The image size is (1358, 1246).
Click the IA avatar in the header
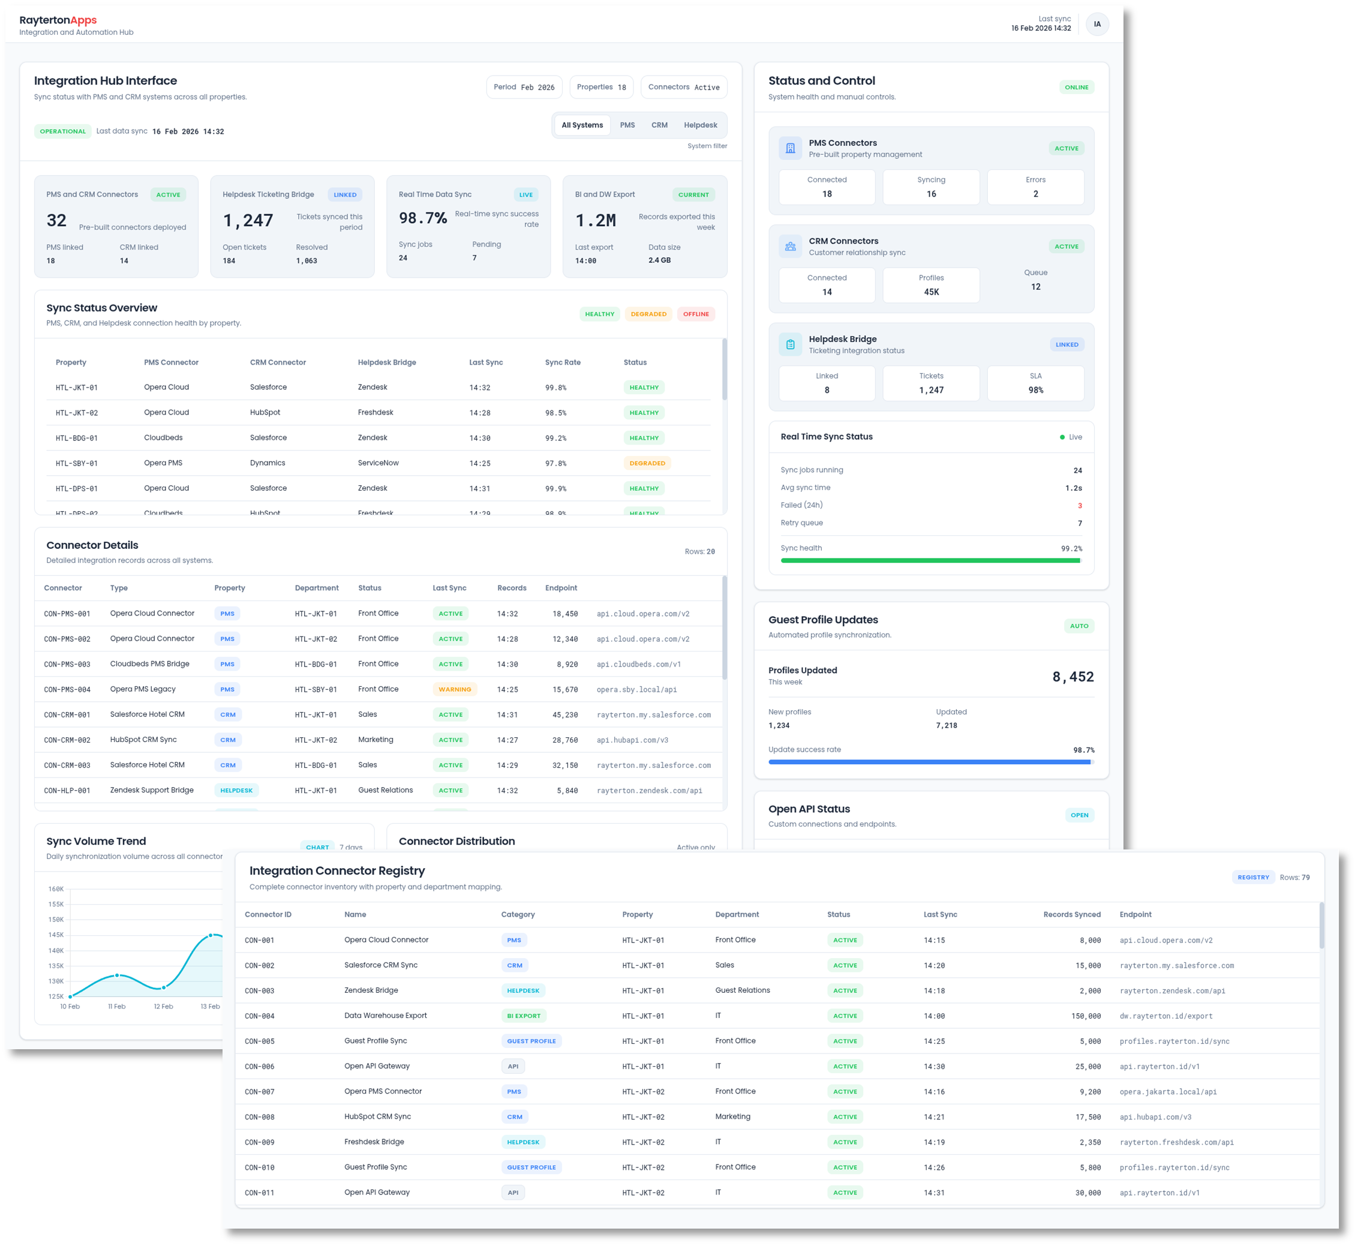(x=1097, y=24)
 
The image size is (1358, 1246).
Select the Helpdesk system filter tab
(x=700, y=125)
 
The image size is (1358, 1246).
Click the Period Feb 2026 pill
(x=524, y=87)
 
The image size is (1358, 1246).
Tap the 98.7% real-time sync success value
(x=422, y=218)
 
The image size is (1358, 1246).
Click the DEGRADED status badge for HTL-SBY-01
(x=647, y=463)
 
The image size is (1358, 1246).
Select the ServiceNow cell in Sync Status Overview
(x=378, y=463)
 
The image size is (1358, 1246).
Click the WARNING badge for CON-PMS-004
(x=455, y=689)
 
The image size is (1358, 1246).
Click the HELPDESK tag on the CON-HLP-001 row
(x=236, y=790)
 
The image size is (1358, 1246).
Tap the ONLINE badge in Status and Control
(x=1076, y=87)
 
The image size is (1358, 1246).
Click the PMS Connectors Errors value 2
(x=1035, y=194)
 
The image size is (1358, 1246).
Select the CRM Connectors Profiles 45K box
(x=930, y=285)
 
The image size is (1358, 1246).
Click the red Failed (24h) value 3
(x=1079, y=506)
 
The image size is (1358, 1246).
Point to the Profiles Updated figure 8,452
(x=1072, y=677)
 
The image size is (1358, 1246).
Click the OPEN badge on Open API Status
(x=1079, y=815)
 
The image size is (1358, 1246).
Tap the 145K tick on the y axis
(x=56, y=935)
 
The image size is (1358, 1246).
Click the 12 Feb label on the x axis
(x=163, y=1007)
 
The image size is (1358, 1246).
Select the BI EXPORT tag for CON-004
(x=523, y=1016)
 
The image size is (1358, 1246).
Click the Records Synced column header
(x=1071, y=915)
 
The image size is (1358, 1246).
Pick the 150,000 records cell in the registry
(x=1086, y=1016)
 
